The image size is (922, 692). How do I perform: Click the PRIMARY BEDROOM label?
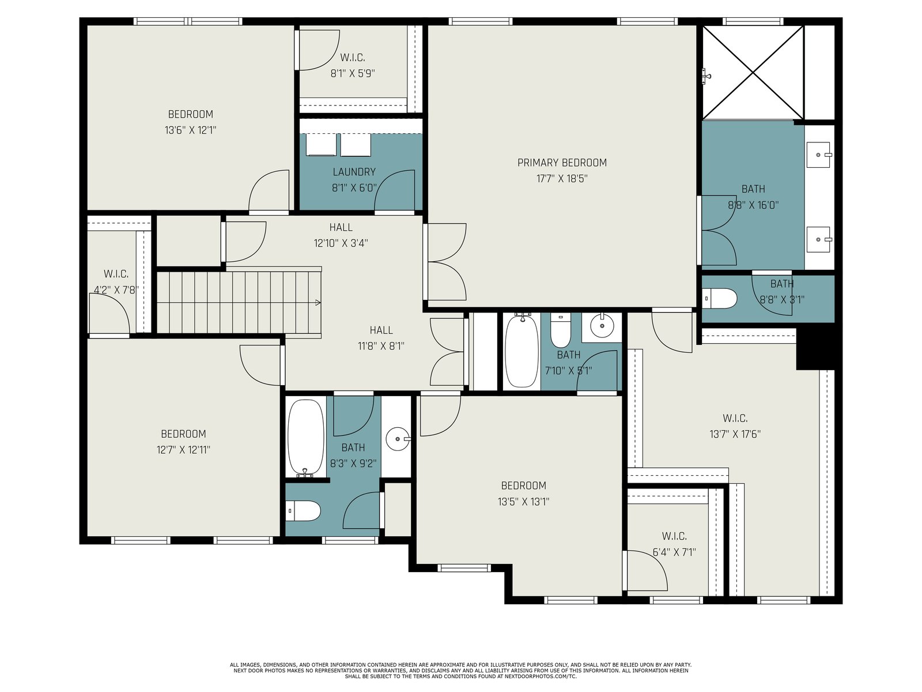562,163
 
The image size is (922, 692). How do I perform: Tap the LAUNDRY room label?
354,172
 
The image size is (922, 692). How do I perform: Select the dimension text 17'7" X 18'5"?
562,179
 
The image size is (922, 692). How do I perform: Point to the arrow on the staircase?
318,303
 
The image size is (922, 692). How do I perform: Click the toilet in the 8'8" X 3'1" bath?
719,299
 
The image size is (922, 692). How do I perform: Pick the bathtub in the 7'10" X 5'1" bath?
522,351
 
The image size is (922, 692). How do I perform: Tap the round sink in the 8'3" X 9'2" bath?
398,439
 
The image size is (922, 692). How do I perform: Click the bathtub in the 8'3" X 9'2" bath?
306,438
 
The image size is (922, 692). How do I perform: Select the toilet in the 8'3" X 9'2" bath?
303,511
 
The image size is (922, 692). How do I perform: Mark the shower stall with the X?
753,72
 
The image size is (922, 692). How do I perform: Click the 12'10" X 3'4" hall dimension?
341,243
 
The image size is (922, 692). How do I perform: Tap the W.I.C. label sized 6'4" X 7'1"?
674,536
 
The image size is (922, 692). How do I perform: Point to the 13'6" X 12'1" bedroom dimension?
190,130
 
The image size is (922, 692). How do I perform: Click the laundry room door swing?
394,190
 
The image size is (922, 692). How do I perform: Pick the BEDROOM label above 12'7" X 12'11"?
184,434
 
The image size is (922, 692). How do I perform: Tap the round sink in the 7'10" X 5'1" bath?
602,326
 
